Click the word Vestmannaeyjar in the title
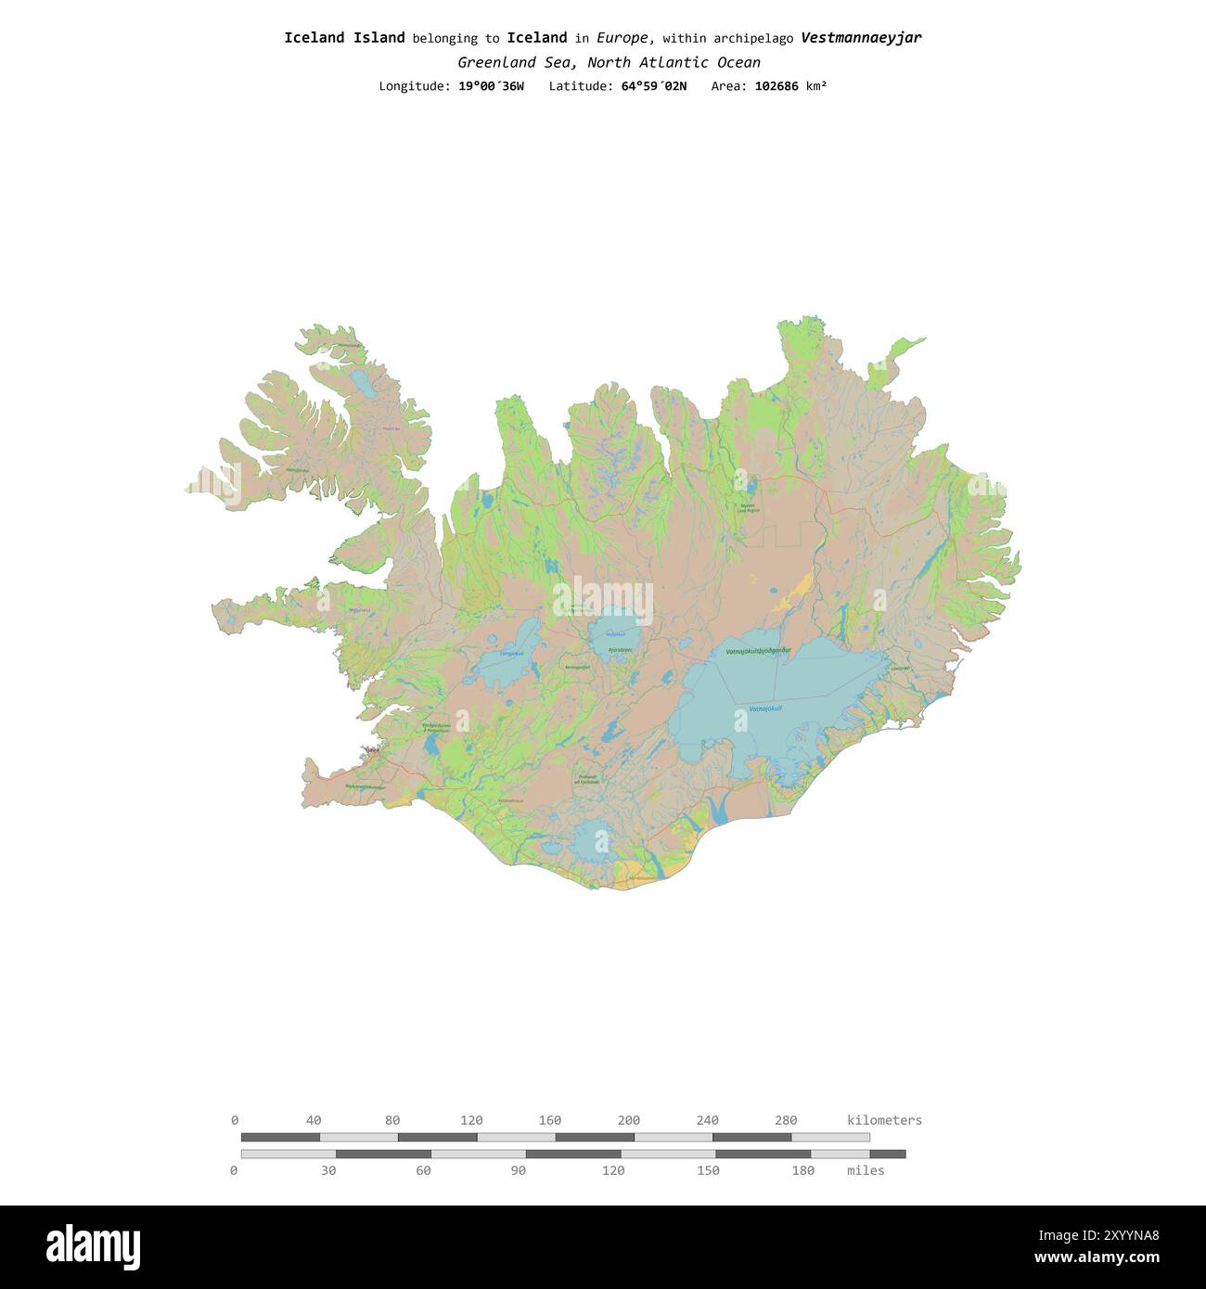pyautogui.click(x=861, y=38)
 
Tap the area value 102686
pyautogui.click(x=776, y=86)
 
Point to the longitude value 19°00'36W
pyautogui.click(x=491, y=86)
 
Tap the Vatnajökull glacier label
pyautogui.click(x=765, y=709)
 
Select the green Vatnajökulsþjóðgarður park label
pyautogui.click(x=758, y=652)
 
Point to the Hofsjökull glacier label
pyautogui.click(x=615, y=634)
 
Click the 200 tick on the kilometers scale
pyautogui.click(x=629, y=1120)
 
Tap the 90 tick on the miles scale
pyautogui.click(x=519, y=1171)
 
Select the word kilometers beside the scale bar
pyautogui.click(x=884, y=1120)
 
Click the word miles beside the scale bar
pyautogui.click(x=866, y=1171)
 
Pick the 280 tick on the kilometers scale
pyautogui.click(x=786, y=1120)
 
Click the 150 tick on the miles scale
pyautogui.click(x=708, y=1171)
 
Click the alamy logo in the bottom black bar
pyautogui.click(x=94, y=1247)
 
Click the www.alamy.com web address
pyautogui.click(x=1097, y=1258)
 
